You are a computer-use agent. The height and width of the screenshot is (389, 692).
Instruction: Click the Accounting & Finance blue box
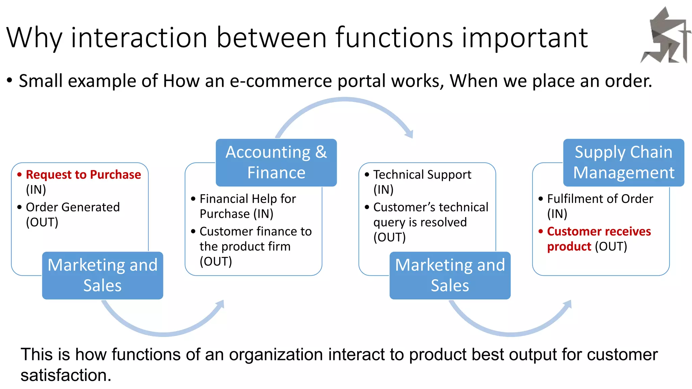pyautogui.click(x=276, y=162)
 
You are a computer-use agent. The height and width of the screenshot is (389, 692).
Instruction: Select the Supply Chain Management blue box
pyautogui.click(x=623, y=162)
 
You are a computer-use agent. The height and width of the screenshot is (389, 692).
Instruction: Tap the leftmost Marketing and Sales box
pyautogui.click(x=102, y=275)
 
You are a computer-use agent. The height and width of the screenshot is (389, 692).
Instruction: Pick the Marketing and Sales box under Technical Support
pyautogui.click(x=450, y=275)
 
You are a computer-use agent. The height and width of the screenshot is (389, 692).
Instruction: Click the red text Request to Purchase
pyautogui.click(x=83, y=175)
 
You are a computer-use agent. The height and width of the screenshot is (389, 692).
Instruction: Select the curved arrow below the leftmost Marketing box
pyautogui.click(x=162, y=333)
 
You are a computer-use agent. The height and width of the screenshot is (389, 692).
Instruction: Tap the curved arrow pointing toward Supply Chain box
pyautogui.click(x=510, y=333)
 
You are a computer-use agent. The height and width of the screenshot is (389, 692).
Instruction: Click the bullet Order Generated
pyautogui.click(x=73, y=207)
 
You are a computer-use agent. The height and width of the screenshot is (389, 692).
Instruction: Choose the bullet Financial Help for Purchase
pyautogui.click(x=247, y=199)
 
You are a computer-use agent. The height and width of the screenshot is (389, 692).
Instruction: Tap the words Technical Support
pyautogui.click(x=422, y=175)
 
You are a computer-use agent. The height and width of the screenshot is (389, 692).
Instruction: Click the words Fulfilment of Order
pyautogui.click(x=600, y=199)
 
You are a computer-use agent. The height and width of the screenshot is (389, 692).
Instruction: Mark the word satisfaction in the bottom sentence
pyautogui.click(x=66, y=375)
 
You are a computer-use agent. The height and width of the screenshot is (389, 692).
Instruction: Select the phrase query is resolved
pyautogui.click(x=420, y=222)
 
